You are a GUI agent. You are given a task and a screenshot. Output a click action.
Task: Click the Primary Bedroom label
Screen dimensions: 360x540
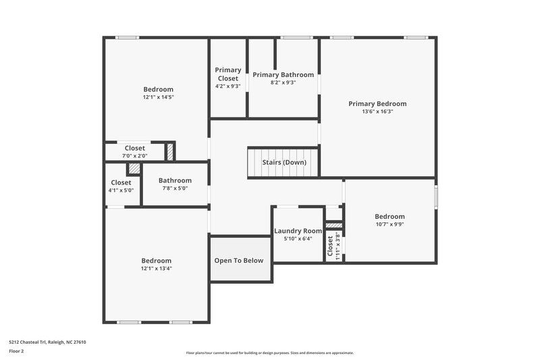coord(377,103)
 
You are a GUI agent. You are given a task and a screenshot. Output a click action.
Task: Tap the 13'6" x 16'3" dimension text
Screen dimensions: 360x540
coord(377,112)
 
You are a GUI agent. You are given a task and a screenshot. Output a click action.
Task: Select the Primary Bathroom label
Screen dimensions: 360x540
coord(283,74)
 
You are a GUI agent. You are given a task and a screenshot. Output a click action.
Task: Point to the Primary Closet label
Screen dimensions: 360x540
coord(228,74)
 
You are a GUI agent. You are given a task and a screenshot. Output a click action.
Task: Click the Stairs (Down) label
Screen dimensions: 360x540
coord(285,162)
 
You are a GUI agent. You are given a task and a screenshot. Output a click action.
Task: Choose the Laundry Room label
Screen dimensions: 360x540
coord(298,231)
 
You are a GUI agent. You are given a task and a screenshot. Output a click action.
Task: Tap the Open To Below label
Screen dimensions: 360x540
coord(239,261)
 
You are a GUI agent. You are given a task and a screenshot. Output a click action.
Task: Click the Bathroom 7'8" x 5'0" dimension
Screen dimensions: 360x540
coord(175,189)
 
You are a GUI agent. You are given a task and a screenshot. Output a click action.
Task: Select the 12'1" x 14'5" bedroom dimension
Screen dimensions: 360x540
coord(158,98)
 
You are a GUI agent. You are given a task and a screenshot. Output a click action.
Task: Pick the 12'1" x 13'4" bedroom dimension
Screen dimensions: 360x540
coord(156,269)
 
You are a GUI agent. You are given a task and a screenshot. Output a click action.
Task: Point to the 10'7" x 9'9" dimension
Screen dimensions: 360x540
coord(389,225)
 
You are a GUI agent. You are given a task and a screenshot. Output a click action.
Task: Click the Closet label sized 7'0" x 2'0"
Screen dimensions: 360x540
coord(135,148)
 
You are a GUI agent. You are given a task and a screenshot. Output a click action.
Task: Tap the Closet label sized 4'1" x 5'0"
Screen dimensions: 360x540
coord(121,182)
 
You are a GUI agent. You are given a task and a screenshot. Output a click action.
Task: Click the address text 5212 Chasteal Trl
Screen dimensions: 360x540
coord(47,342)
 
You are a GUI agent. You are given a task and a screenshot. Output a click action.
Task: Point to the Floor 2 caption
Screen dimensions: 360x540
coord(16,351)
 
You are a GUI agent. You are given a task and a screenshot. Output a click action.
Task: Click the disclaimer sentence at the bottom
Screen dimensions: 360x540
coord(269,353)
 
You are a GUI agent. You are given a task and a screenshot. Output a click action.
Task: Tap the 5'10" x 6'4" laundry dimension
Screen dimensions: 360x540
coord(298,239)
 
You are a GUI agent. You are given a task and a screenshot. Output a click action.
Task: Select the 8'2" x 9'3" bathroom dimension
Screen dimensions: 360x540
coord(283,82)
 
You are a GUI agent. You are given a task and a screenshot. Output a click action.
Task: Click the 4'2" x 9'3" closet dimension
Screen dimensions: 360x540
coord(228,86)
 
